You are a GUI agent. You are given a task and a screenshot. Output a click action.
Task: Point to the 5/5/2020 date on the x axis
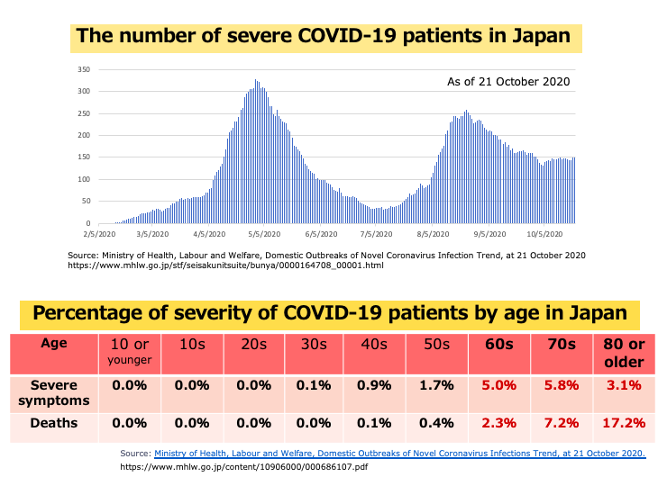264,234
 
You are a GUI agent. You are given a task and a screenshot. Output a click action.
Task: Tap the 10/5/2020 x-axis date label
545,234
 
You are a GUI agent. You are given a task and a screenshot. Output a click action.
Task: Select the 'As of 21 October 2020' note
508,82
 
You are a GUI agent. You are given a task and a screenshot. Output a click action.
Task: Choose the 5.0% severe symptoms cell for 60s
498,386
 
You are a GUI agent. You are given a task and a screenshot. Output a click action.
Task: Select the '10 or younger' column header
130,351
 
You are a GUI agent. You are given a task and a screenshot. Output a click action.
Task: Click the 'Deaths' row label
53,422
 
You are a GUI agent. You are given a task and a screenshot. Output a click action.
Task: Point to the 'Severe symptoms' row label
53,392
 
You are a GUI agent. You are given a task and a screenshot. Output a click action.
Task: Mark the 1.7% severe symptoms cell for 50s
437,386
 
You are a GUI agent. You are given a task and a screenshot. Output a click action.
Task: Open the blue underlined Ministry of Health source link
399,453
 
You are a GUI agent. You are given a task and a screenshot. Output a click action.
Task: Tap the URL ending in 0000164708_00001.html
225,265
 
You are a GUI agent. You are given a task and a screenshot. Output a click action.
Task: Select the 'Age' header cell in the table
53,343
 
